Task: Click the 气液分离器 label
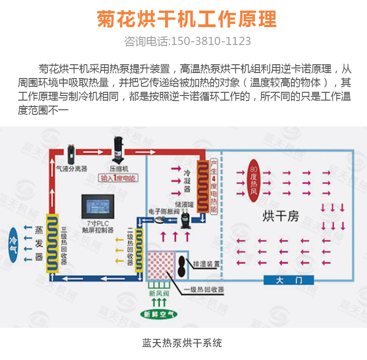pos(72,169)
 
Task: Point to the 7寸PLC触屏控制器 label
pos(98,226)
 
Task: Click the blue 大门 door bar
pos(289,281)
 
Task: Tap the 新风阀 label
pos(158,293)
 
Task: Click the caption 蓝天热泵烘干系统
pos(183,343)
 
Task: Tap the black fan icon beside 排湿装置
pos(183,266)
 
